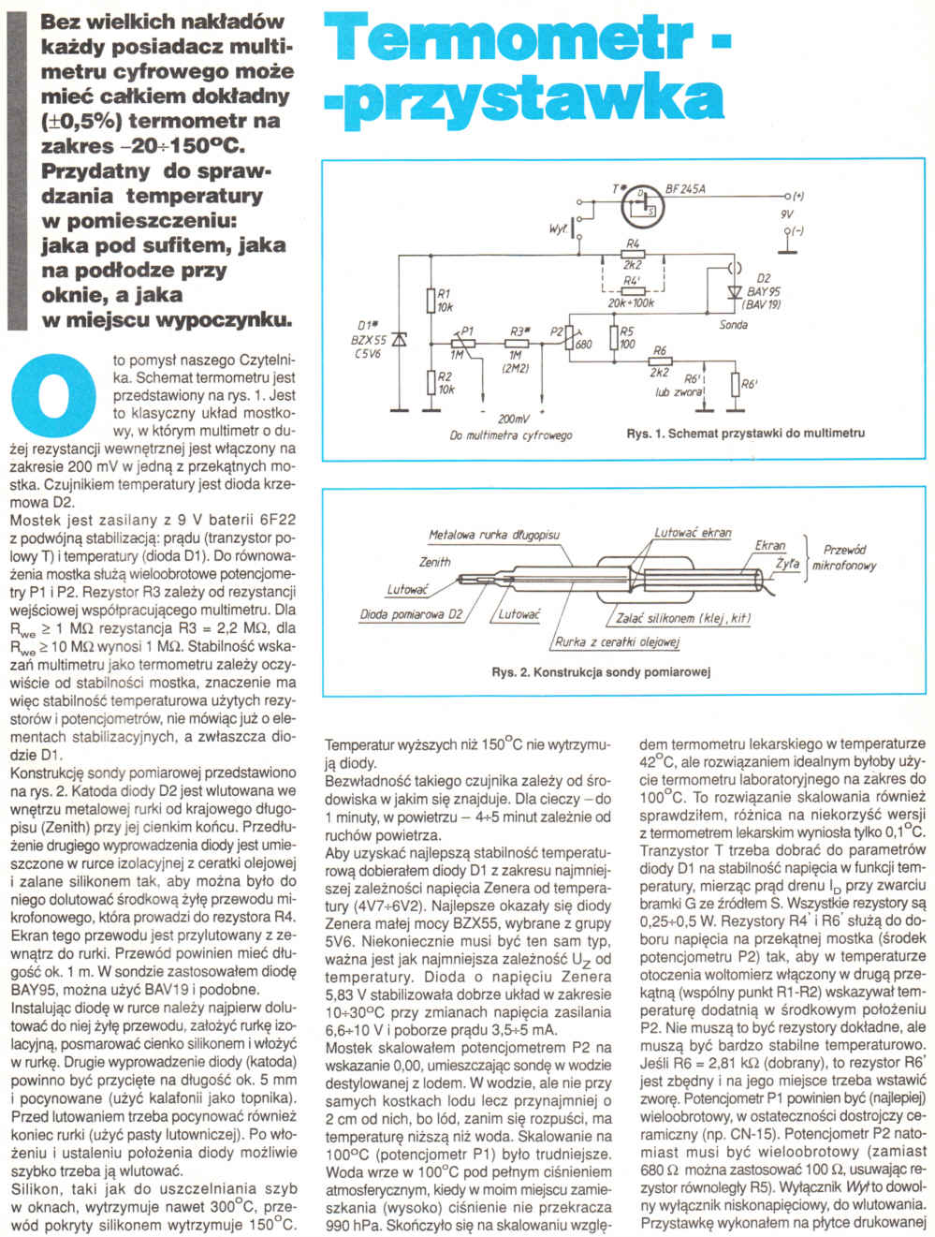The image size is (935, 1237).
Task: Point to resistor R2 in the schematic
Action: (x=430, y=382)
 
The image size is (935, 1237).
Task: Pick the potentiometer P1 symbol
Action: (x=465, y=343)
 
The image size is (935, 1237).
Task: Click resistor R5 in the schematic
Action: (x=613, y=337)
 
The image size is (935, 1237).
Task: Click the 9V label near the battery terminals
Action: (x=786, y=214)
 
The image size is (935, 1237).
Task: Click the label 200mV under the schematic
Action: (x=512, y=418)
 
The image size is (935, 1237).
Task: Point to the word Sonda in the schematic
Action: (x=733, y=325)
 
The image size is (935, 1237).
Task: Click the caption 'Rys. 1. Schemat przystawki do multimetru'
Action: (x=745, y=434)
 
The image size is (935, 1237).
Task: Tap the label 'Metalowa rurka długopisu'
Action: (x=493, y=535)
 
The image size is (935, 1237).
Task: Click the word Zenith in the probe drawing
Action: (x=434, y=562)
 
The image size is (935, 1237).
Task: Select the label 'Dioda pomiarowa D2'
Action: (x=412, y=615)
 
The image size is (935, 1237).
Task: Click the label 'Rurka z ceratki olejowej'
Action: (x=617, y=641)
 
